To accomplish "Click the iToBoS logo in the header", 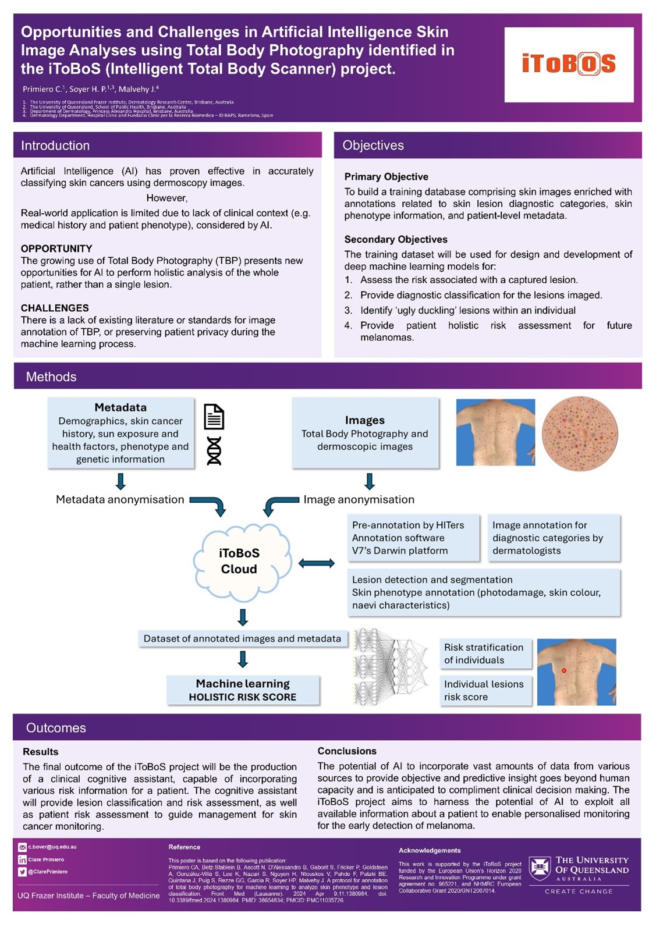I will (569, 64).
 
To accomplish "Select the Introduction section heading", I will (55, 145).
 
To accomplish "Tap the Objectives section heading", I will (373, 145).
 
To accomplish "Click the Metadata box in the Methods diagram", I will (120, 433).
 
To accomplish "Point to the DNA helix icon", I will (214, 450).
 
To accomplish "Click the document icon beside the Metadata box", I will (214, 417).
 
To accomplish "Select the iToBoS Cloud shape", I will (239, 562).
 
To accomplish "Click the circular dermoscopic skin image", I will (580, 434).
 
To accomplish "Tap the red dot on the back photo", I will (564, 671).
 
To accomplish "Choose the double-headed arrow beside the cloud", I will (317, 563).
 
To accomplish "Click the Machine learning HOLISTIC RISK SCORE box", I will (243, 690).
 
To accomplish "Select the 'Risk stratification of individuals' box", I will (484, 653).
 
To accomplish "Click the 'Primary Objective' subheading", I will (386, 177).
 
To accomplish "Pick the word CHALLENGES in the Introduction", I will (55, 308).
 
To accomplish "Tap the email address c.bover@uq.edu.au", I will (52, 847).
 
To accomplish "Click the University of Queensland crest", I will (540, 869).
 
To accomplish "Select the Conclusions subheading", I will (347, 751).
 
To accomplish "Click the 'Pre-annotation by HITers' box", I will (413, 538).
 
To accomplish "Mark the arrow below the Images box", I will (369, 481).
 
